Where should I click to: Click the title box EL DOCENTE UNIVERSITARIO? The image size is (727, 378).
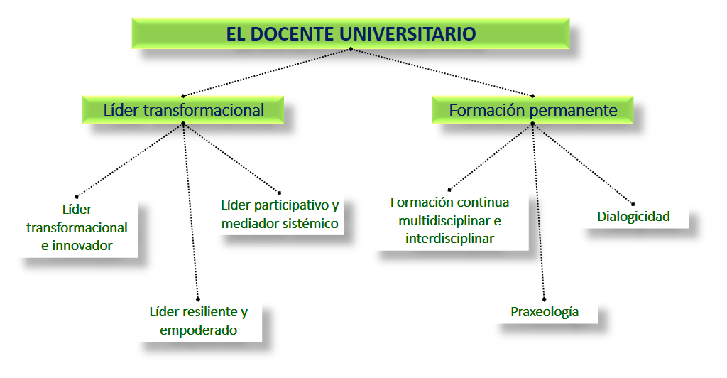351,33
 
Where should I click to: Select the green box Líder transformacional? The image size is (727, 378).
183,110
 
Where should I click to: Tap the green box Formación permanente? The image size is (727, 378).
532,110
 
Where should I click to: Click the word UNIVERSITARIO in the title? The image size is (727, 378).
408,34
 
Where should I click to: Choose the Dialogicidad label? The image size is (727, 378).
633,217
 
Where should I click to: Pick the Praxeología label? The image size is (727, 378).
545,312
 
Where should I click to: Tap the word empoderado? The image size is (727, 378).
199,330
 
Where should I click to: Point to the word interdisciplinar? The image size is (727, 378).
449,239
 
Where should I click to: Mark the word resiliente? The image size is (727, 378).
212,312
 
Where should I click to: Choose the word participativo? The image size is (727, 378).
291,205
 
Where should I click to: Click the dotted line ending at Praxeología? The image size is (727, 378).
538,212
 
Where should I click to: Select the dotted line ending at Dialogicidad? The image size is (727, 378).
583,163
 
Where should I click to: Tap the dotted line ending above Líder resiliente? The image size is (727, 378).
190,212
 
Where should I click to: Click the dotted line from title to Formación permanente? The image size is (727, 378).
442,72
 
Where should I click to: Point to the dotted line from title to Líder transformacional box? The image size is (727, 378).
267,72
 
